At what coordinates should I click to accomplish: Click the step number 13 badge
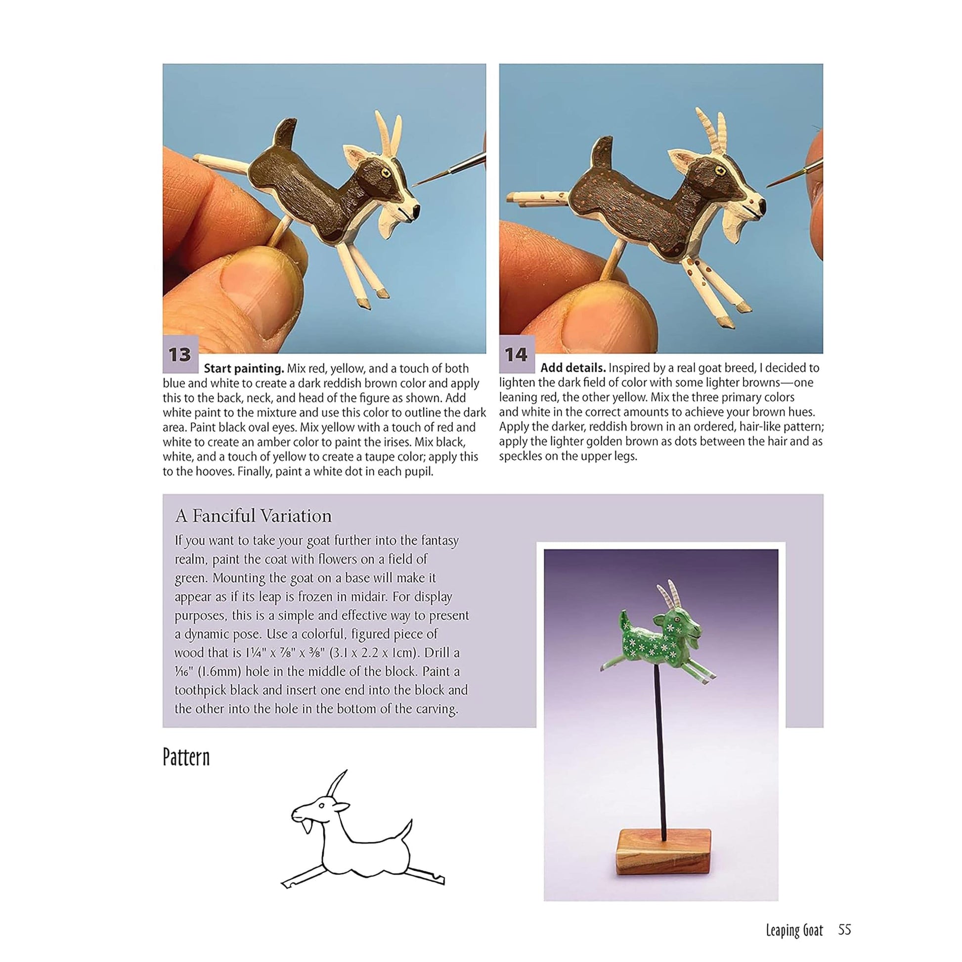[x=180, y=354]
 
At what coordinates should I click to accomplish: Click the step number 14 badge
[x=517, y=354]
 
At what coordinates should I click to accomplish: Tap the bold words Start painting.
[x=244, y=369]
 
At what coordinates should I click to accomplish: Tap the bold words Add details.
[x=572, y=368]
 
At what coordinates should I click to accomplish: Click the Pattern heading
[x=186, y=757]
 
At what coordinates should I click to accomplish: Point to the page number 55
[x=844, y=930]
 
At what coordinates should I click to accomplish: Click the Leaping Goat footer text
[x=794, y=930]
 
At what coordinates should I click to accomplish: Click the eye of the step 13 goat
[x=385, y=173]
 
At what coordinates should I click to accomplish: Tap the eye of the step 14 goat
[x=720, y=171]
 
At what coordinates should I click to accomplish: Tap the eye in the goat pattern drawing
[x=322, y=806]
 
